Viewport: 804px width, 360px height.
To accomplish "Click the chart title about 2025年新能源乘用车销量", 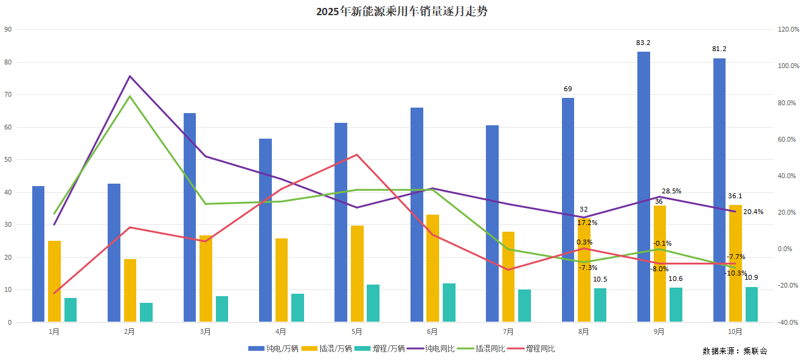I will [402, 12].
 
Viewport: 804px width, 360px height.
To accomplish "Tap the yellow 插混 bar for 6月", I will [432, 268].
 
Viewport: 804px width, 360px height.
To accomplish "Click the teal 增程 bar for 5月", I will [373, 303].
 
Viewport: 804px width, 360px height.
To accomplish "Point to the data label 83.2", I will [643, 43].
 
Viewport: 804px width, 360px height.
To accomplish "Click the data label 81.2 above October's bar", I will [719, 49].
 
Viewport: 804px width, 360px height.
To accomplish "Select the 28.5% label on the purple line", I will [671, 191].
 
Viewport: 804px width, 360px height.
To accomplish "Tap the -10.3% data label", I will [735, 273].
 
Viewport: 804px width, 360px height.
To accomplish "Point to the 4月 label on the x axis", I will [281, 332].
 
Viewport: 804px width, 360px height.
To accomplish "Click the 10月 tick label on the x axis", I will [735, 332].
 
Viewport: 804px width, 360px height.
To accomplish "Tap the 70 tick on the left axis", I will [8, 95].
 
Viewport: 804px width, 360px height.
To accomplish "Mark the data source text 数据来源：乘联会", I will [735, 351].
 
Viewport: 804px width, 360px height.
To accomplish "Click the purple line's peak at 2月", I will [130, 76].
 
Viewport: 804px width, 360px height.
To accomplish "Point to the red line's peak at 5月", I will [357, 154].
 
